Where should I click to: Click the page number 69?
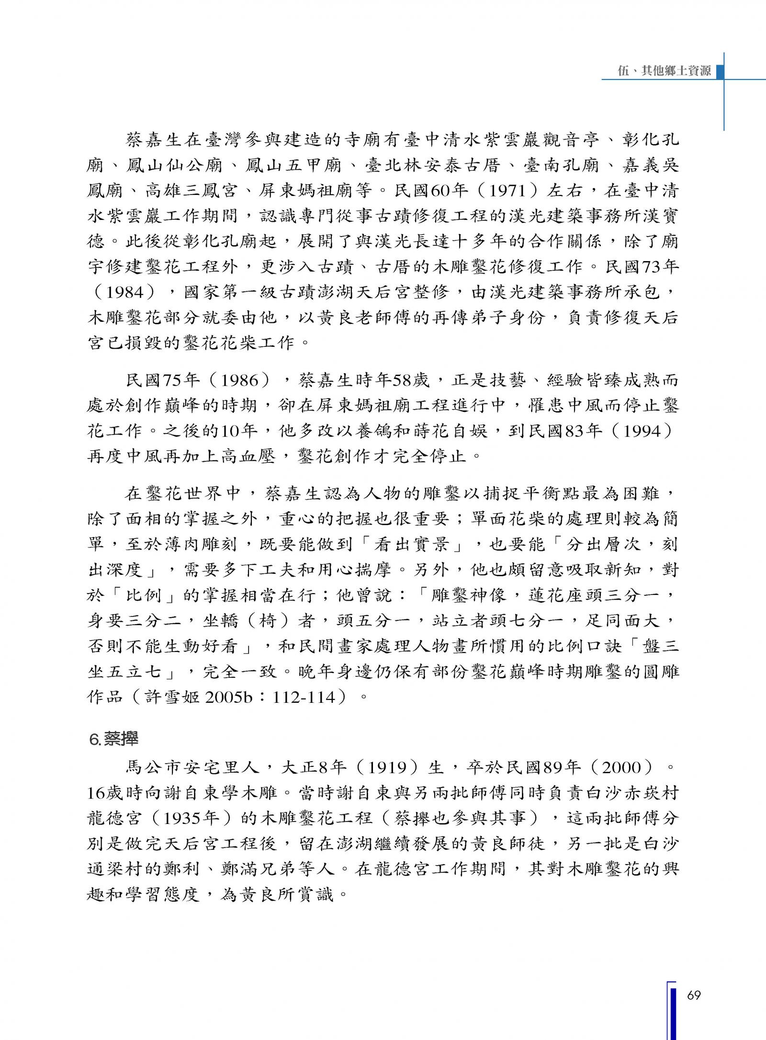point(694,995)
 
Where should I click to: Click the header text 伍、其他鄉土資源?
point(664,71)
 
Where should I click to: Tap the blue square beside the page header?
point(719,71)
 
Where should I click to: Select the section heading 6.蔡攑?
point(114,739)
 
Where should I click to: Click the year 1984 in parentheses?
point(125,292)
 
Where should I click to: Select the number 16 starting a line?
point(97,793)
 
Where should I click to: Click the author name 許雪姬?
point(171,697)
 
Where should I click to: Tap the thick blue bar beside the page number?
point(674,1011)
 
